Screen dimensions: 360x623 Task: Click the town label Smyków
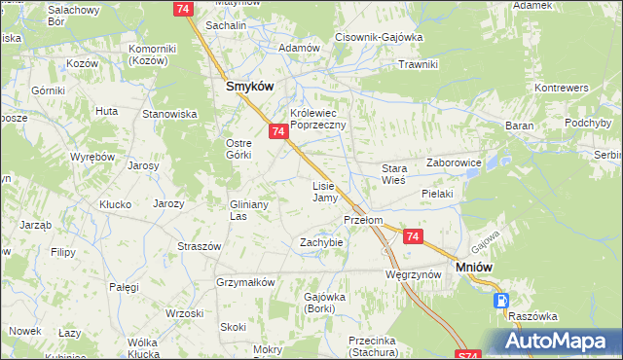(x=249, y=86)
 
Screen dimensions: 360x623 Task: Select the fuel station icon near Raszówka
(x=501, y=302)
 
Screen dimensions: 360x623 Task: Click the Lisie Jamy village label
(x=324, y=192)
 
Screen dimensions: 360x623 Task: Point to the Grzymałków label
(x=245, y=282)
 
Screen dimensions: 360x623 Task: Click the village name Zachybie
(x=321, y=241)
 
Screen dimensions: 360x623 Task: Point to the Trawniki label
(x=419, y=64)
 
